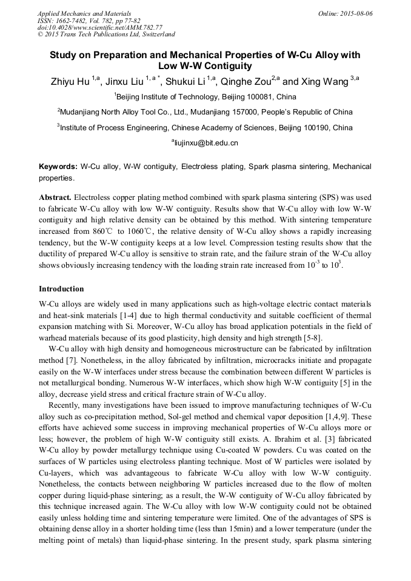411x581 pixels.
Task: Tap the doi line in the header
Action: pyautogui.click(x=99, y=28)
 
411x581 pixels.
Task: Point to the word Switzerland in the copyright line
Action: pyautogui.click(x=155, y=35)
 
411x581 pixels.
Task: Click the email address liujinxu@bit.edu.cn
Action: pyautogui.click(x=206, y=143)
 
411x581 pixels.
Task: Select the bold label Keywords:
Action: pyautogui.click(x=58, y=166)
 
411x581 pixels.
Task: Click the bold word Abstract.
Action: pyautogui.click(x=55, y=198)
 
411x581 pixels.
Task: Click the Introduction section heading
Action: pyautogui.click(x=61, y=289)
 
